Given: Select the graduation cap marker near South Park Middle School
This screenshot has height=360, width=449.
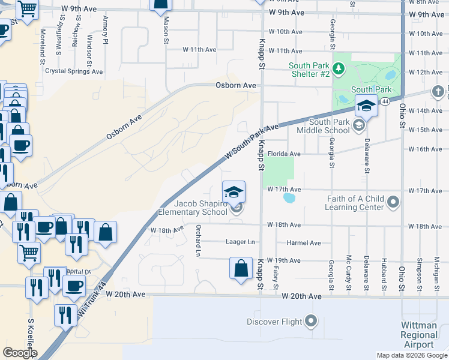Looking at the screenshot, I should click(x=365, y=107).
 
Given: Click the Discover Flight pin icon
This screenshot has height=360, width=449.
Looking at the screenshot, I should click(x=311, y=322).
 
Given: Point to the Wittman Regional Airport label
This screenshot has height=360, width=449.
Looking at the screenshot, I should click(x=419, y=335).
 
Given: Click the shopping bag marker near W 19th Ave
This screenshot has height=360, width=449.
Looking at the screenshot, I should click(x=241, y=268).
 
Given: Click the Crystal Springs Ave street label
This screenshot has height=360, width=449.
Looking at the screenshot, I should click(x=74, y=71).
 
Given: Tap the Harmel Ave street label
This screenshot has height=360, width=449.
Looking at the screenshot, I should click(x=303, y=243).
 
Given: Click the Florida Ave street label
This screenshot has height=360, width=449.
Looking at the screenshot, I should click(x=288, y=154).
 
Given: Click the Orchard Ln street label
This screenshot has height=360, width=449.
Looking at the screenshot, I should click(x=197, y=240).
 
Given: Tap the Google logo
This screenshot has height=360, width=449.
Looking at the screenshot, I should click(x=20, y=353).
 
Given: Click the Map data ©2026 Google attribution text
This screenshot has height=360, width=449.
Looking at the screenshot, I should click(x=412, y=355).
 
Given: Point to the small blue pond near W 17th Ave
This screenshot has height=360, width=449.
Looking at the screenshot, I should click(x=289, y=197).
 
